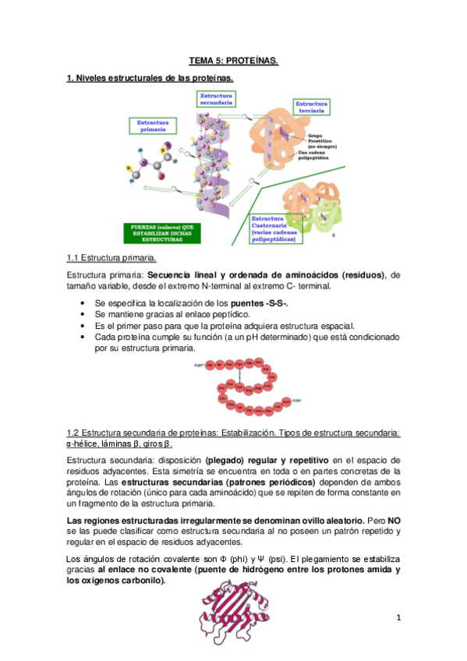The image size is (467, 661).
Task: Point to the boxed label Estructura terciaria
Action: point(311,107)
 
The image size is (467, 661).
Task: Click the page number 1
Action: point(398,618)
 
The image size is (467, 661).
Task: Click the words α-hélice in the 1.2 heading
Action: point(83,444)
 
